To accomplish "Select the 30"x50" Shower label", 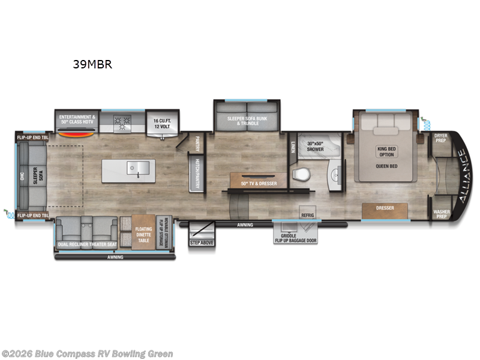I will tap(315, 146).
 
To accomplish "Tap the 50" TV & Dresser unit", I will tap(259, 182).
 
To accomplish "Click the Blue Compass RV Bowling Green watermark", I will tap(88, 354).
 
